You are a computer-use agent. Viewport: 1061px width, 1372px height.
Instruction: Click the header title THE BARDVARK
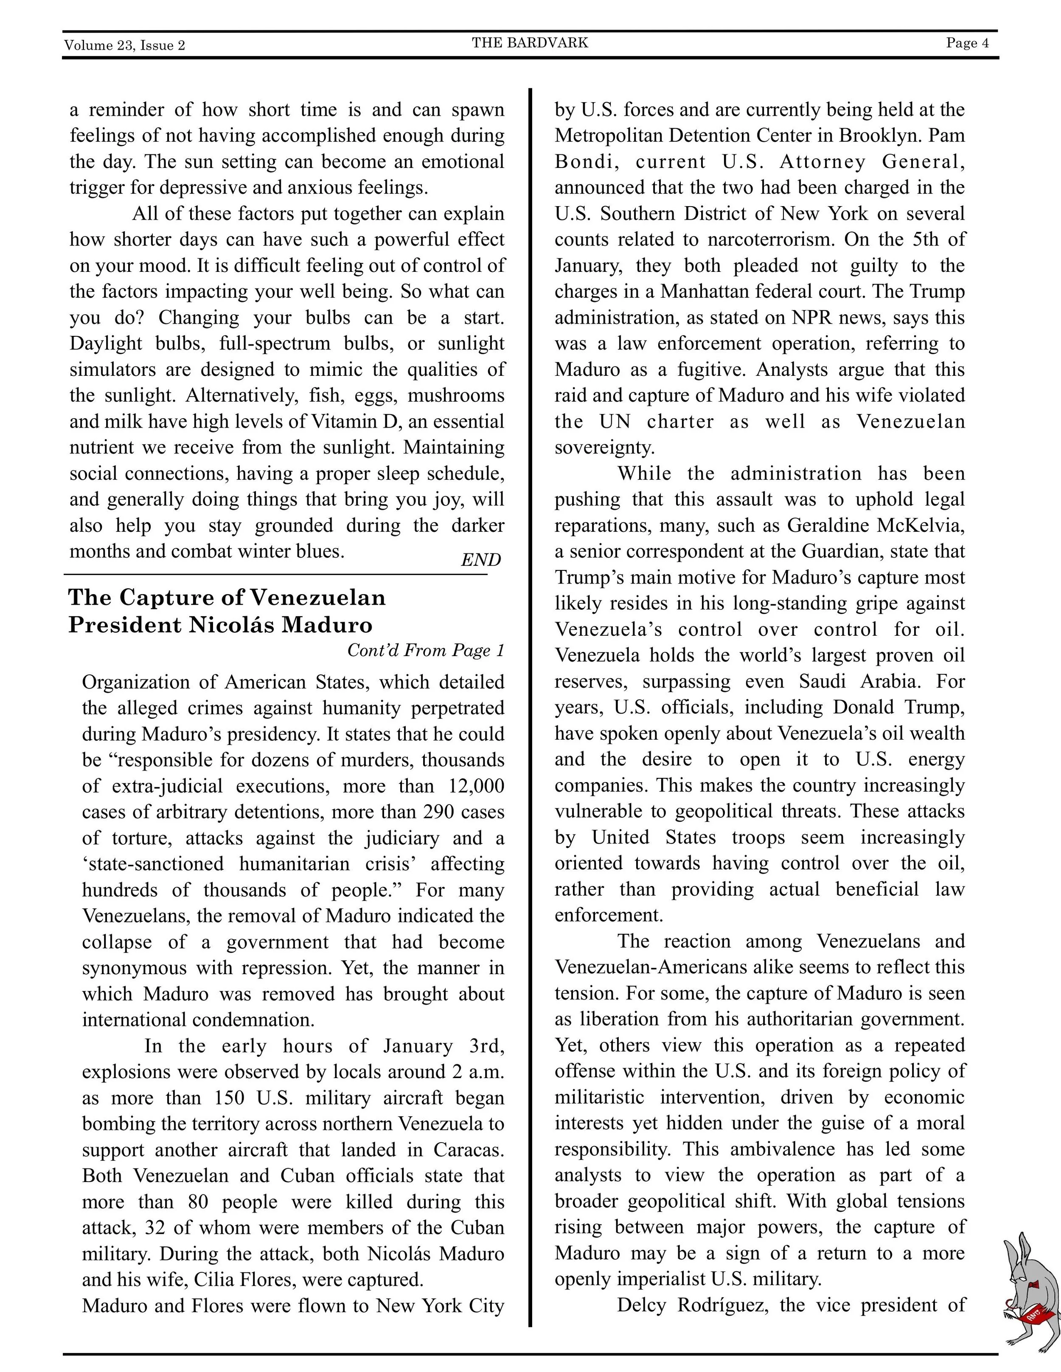click(x=530, y=43)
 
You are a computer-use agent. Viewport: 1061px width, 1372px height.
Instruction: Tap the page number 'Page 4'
click(x=967, y=43)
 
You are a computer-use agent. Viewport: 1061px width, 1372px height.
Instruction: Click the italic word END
click(x=480, y=560)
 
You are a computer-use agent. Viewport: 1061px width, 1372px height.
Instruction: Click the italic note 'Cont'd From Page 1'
click(x=426, y=650)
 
